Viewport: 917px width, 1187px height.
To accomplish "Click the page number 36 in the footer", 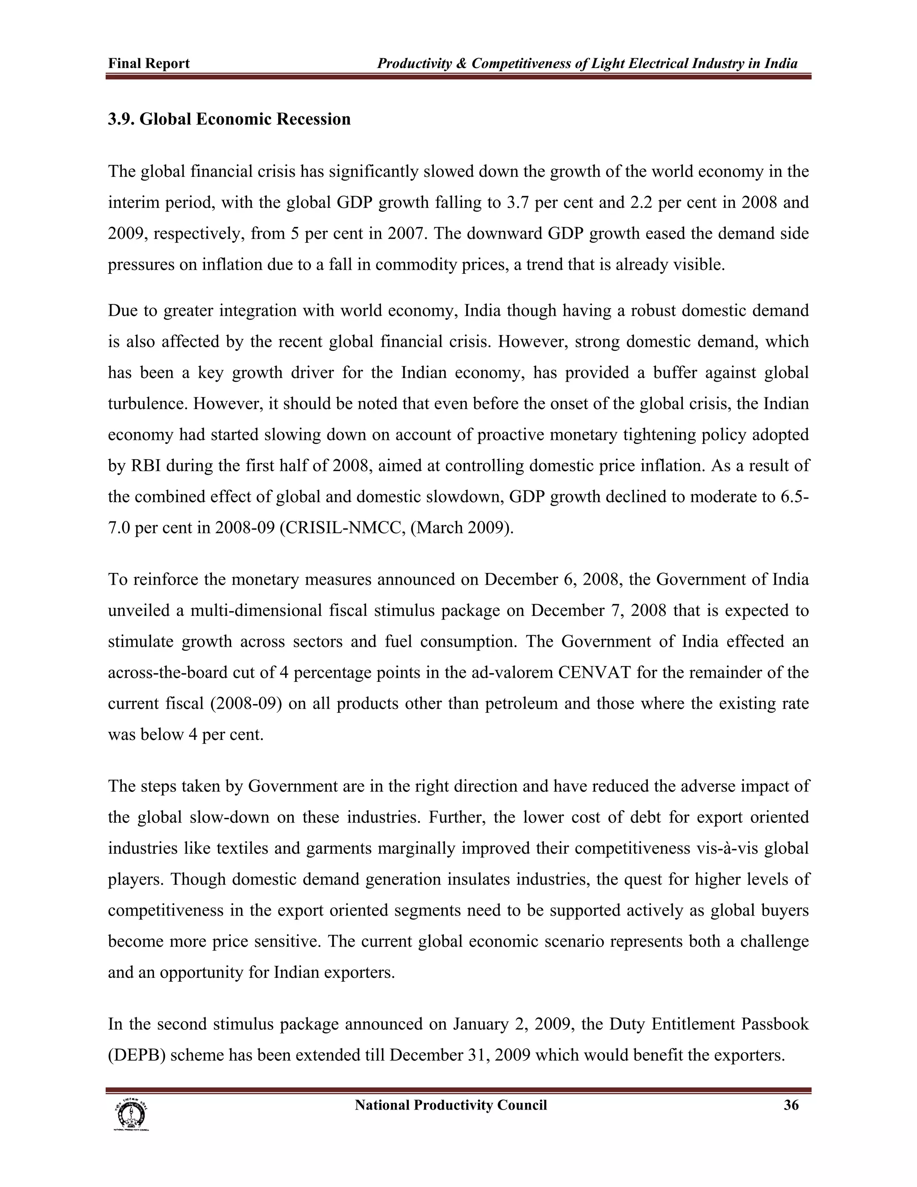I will point(791,1105).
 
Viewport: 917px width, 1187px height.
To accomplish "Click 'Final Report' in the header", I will point(149,64).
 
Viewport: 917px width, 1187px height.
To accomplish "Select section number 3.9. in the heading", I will point(121,119).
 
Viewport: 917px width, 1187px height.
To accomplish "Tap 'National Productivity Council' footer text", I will point(450,1105).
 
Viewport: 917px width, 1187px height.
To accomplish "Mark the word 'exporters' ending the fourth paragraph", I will point(359,972).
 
